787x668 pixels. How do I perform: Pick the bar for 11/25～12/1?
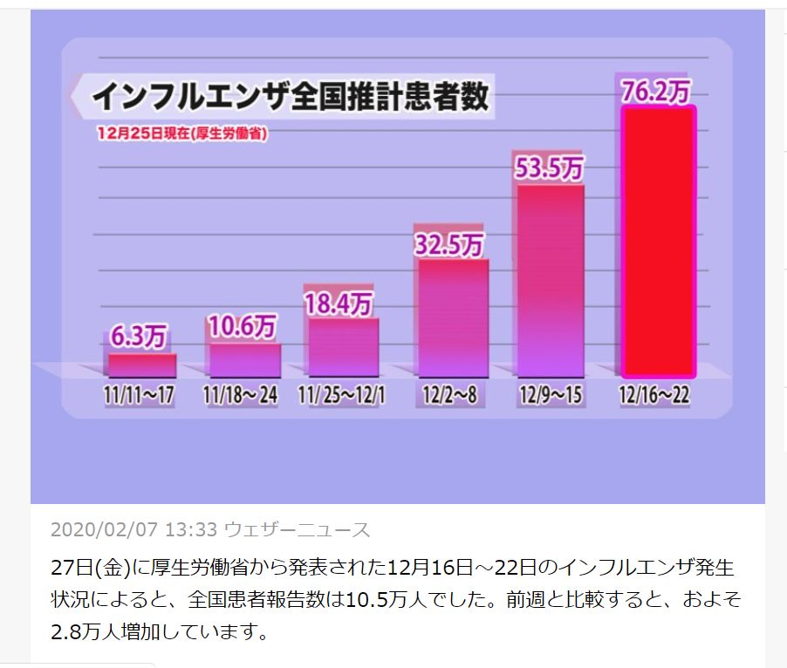tap(343, 346)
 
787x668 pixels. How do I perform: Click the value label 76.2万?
tap(657, 91)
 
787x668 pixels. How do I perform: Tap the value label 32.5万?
tap(448, 243)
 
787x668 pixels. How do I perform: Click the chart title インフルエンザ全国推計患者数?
tap(291, 96)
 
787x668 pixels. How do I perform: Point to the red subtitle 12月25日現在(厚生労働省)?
tap(181, 133)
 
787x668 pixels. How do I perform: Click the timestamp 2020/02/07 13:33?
tap(133, 529)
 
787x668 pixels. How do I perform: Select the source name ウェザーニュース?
tap(298, 529)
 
